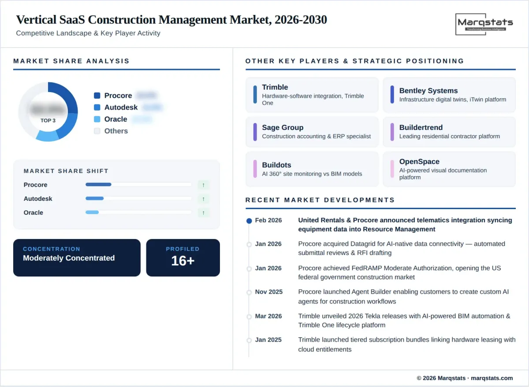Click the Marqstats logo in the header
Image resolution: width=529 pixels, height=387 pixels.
[x=484, y=24]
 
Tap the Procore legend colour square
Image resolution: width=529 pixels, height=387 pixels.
[x=97, y=96]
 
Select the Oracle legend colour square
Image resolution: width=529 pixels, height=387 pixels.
[x=97, y=119]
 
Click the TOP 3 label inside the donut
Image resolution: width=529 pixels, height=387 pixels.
[x=48, y=121]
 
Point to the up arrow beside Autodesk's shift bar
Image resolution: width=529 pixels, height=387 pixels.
[x=203, y=199]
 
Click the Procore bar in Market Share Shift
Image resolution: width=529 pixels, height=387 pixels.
[x=98, y=184]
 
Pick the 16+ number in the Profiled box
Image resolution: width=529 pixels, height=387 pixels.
[x=183, y=261]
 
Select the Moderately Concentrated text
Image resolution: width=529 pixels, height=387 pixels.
[x=69, y=258]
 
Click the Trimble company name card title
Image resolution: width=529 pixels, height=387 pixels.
[x=275, y=87]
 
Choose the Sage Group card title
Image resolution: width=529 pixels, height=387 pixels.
[x=283, y=128]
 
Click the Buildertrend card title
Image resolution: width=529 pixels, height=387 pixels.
[x=421, y=128]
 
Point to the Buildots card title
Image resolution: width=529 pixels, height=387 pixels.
[x=276, y=165]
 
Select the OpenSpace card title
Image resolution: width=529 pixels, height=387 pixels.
[x=419, y=162]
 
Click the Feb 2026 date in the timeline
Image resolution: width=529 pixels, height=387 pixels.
[x=268, y=220]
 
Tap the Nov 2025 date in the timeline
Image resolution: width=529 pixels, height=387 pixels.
[x=268, y=292]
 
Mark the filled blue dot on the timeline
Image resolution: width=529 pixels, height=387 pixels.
[x=249, y=221]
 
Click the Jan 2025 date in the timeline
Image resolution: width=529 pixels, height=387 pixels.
[x=268, y=340]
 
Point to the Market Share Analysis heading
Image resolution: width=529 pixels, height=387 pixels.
[x=71, y=61]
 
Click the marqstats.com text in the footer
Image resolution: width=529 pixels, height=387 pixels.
[x=492, y=378]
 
